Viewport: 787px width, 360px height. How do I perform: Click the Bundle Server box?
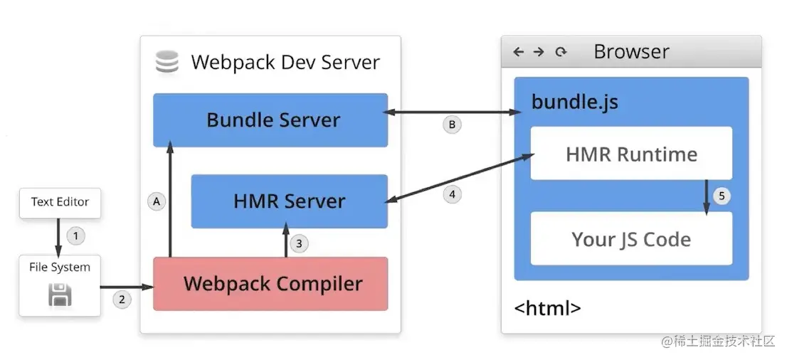tap(270, 120)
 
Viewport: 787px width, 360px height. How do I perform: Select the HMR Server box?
tap(289, 201)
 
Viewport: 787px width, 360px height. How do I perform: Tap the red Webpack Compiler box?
tap(270, 284)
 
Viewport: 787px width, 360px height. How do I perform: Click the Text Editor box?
tap(60, 202)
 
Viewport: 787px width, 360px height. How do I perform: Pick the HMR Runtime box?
tap(631, 154)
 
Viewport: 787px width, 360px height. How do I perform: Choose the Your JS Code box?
tap(631, 238)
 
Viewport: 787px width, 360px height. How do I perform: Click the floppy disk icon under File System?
tap(60, 295)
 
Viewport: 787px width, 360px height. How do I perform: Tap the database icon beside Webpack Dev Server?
tap(167, 63)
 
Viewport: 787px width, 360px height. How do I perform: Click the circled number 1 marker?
tap(76, 234)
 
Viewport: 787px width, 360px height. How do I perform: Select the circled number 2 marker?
tap(122, 300)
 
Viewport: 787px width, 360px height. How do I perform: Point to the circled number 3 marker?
tap(299, 243)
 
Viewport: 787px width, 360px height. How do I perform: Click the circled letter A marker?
tap(157, 202)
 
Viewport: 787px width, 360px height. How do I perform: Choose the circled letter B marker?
tap(451, 125)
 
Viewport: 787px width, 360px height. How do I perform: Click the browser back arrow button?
tap(518, 52)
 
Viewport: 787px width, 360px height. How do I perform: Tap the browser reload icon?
tap(561, 52)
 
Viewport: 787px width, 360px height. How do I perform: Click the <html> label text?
tap(547, 308)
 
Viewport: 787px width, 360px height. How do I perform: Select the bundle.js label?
tap(574, 102)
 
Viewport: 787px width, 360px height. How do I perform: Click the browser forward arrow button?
tap(539, 52)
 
